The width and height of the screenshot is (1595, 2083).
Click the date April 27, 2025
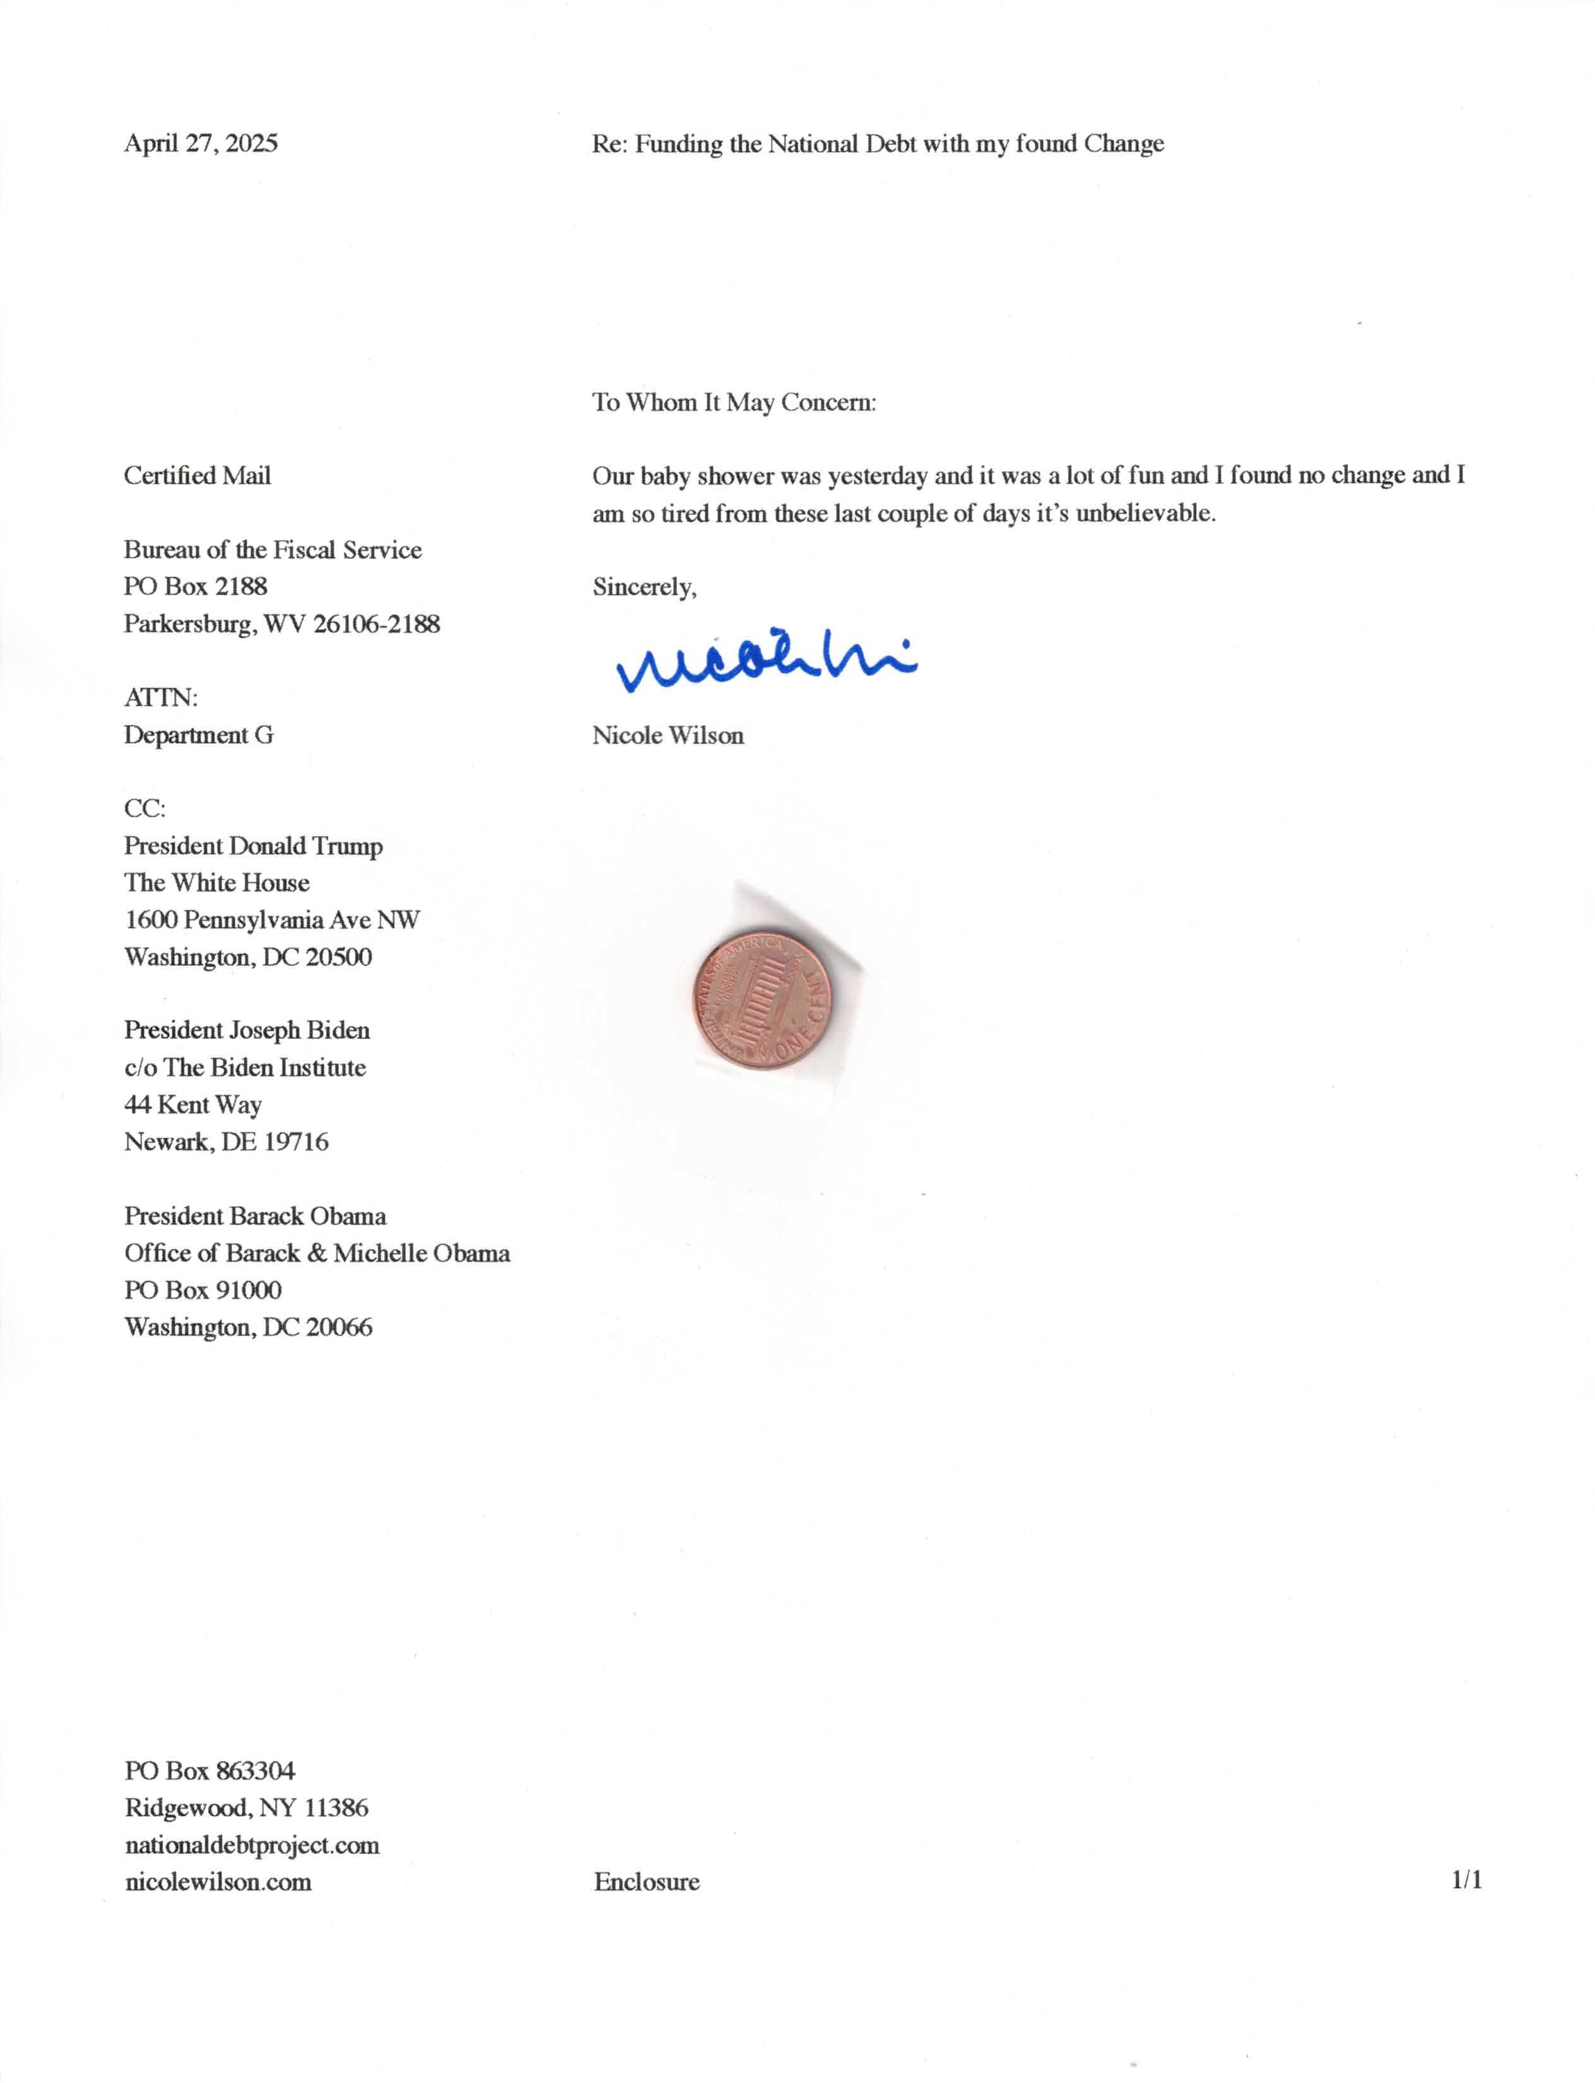tap(201, 143)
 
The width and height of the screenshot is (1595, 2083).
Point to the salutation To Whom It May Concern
tap(734, 402)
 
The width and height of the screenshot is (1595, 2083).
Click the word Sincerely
tap(644, 587)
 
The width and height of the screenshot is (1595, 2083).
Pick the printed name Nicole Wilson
tap(668, 736)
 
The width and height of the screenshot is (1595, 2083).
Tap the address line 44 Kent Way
tap(192, 1105)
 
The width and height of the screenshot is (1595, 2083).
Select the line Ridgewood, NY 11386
tap(246, 1809)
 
